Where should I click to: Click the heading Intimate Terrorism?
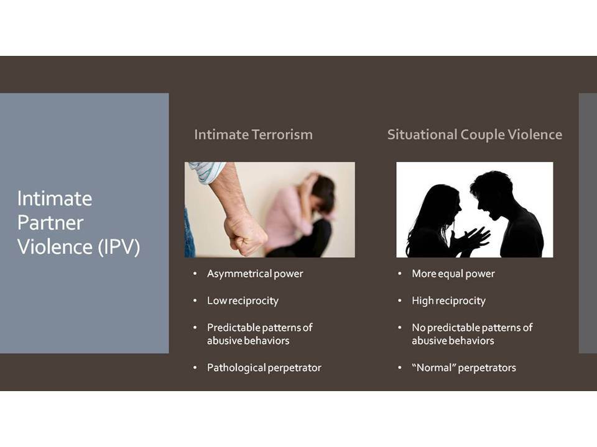point(253,135)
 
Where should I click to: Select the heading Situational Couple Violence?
point(474,135)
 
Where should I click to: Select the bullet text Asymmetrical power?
point(255,274)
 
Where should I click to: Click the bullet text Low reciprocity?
point(243,300)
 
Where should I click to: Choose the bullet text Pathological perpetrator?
point(264,368)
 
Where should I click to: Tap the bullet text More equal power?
point(453,274)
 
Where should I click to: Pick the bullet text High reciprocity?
point(448,300)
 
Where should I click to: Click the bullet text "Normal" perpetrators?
point(464,368)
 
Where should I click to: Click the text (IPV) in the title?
point(119,247)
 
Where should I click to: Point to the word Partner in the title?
point(50,223)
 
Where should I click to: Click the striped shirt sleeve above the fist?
point(206,171)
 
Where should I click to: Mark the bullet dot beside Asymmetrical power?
point(195,274)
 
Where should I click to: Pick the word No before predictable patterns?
point(419,328)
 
